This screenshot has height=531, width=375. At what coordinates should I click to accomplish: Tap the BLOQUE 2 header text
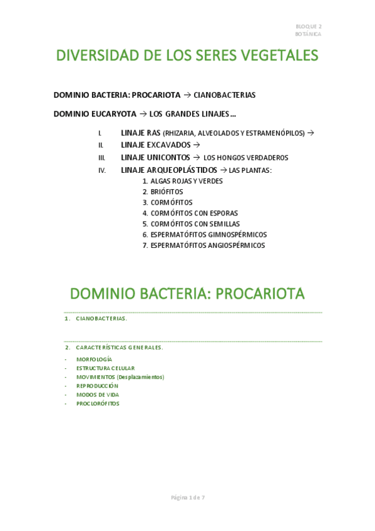click(x=309, y=27)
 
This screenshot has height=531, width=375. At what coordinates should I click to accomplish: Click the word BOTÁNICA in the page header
click(x=308, y=34)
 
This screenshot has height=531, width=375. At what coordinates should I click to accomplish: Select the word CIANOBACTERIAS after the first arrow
click(x=224, y=95)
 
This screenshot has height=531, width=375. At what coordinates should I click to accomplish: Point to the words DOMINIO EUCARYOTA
click(x=95, y=114)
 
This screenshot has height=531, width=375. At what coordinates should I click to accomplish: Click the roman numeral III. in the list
click(x=101, y=158)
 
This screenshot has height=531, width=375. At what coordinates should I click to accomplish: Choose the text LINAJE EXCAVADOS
click(x=156, y=145)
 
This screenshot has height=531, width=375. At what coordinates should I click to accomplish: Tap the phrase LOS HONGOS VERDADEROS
click(x=246, y=158)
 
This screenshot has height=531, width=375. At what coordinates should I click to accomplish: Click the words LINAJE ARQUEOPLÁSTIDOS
click(x=169, y=170)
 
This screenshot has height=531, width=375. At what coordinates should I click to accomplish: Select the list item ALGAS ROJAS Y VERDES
click(x=187, y=182)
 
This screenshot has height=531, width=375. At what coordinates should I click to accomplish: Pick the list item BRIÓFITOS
click(x=167, y=192)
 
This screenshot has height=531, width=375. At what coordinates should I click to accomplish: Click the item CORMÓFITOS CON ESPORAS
click(x=194, y=214)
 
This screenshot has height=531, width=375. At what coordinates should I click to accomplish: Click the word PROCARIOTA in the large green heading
click(x=260, y=294)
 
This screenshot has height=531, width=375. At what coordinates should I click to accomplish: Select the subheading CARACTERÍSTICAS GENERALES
click(x=119, y=348)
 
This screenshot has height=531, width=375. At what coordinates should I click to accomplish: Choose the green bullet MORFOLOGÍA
click(x=94, y=359)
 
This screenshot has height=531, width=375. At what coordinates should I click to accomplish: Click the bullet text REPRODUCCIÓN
click(x=97, y=386)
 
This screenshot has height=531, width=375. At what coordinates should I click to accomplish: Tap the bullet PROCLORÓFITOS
click(x=98, y=404)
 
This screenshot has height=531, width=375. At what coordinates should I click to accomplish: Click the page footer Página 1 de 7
click(x=188, y=498)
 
